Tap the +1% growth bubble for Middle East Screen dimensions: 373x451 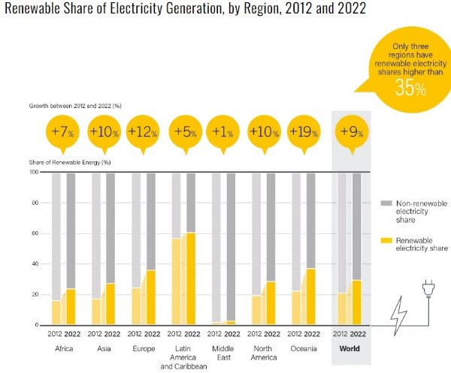pyautogui.click(x=225, y=133)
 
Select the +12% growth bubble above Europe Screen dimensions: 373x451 pyautogui.click(x=144, y=133)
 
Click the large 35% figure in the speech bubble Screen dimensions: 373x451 pyautogui.click(x=410, y=89)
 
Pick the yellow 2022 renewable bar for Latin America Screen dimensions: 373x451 pyautogui.click(x=191, y=278)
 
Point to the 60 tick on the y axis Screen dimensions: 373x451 pyautogui.click(x=34, y=233)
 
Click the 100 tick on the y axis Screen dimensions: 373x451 pyautogui.click(x=33, y=172)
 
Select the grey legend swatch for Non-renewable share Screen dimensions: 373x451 pyautogui.click(x=386, y=203)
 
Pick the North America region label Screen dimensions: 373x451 pyautogui.click(x=263, y=353)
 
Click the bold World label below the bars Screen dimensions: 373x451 pyautogui.click(x=350, y=348)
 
